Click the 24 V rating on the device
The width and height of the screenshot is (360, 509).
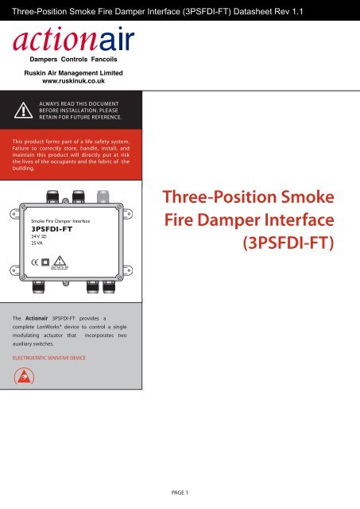[37, 235]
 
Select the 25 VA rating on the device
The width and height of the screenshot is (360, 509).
[37, 243]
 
